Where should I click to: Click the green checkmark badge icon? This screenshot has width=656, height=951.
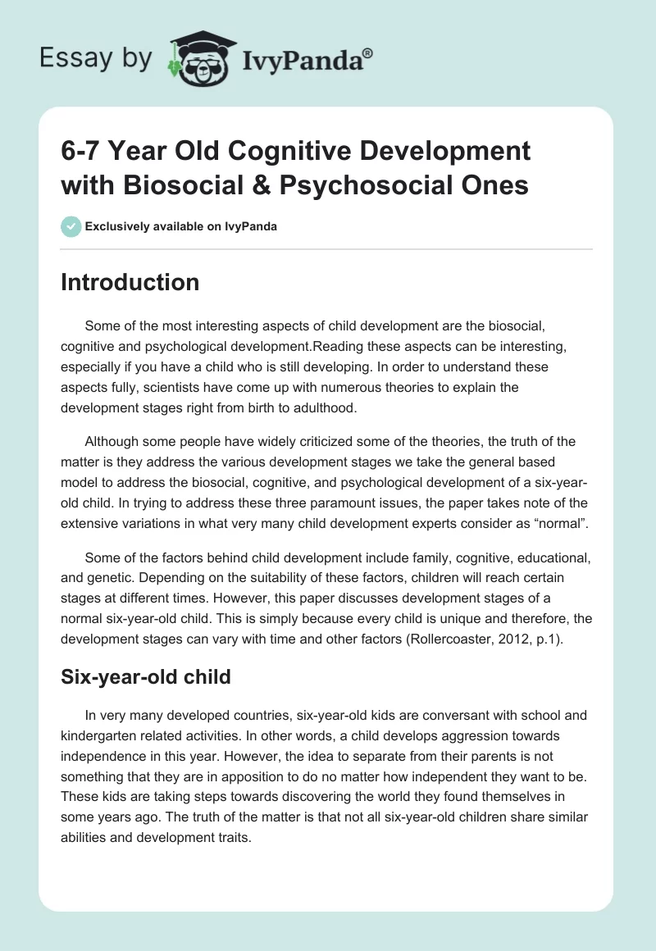[71, 226]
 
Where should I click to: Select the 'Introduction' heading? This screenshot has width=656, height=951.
[130, 282]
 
